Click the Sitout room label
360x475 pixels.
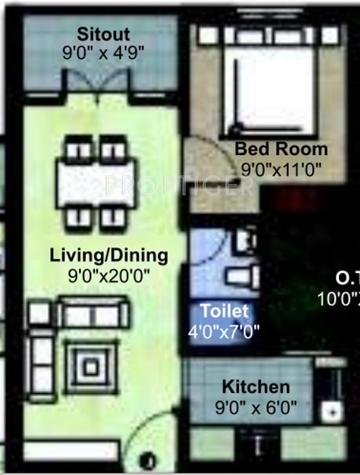103,34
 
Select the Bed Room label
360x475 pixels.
281,149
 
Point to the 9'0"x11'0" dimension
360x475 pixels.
281,170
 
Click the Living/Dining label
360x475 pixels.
109,255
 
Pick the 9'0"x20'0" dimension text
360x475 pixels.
109,275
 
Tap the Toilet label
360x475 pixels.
225,310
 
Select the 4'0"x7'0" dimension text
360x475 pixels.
224,330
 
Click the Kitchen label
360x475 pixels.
256,386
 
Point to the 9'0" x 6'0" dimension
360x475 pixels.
256,408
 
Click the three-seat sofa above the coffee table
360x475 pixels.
93,313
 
